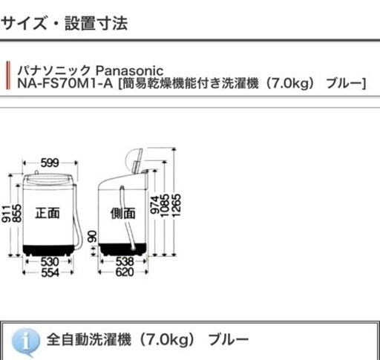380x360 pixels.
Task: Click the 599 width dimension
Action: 50,163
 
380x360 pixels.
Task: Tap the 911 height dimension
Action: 6,214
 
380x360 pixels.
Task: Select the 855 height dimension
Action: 16,213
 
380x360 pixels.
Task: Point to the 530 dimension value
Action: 50,262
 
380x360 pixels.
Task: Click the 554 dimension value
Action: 50,272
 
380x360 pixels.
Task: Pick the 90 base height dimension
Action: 92,237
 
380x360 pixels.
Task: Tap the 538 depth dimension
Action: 125,261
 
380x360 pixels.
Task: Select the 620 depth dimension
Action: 125,272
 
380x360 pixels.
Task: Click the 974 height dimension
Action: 154,205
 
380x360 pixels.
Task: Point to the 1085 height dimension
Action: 165,206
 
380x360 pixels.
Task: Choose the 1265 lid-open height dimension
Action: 177,206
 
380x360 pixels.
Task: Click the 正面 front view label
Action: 47,213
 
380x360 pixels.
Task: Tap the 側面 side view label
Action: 122,213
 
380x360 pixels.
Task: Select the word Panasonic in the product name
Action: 129,71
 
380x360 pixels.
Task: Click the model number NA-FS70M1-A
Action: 65,83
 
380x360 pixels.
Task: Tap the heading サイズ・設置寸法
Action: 65,24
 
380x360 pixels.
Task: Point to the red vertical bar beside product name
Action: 8,75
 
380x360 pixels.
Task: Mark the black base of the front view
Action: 49,249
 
